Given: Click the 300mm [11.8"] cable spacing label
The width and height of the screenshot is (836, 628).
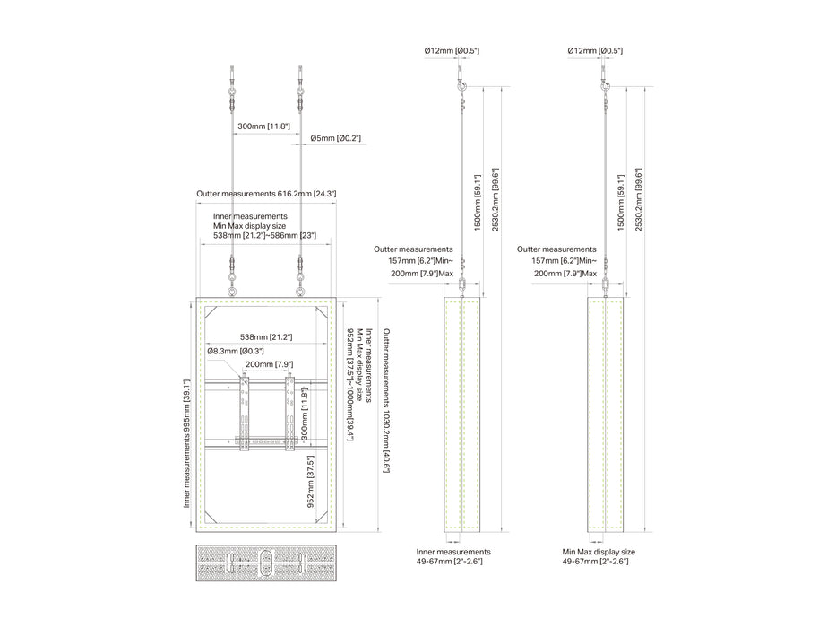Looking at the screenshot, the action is [x=263, y=126].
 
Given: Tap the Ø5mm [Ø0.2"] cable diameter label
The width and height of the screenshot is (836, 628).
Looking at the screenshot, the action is [x=335, y=138].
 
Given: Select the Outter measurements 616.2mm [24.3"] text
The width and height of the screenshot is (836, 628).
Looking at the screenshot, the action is [x=266, y=194].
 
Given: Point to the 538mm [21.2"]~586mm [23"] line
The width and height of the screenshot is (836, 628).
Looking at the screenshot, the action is [x=264, y=235].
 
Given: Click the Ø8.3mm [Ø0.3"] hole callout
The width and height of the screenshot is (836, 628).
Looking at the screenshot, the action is [x=235, y=352].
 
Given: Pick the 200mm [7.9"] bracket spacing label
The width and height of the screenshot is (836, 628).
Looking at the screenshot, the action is [x=269, y=364].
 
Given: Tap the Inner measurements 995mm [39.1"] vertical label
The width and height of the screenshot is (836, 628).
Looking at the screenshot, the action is [x=186, y=443].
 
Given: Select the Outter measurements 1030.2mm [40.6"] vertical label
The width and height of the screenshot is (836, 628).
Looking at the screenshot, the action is [x=386, y=400].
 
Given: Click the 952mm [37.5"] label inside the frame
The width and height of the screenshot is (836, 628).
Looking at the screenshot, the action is [x=310, y=481].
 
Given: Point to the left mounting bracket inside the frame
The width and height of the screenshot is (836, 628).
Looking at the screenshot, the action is [x=244, y=414].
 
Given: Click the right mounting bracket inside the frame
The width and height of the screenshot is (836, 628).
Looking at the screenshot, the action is [x=289, y=414].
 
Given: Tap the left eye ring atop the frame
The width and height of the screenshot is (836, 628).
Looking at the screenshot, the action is [x=231, y=292].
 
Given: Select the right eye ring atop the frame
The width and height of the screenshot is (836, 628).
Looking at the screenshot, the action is [x=301, y=292].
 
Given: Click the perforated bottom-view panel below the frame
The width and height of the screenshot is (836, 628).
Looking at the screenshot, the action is [x=266, y=563].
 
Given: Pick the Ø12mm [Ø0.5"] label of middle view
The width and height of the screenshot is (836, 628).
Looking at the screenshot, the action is [x=452, y=51].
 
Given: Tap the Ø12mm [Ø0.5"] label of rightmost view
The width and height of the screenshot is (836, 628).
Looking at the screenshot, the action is [x=595, y=51].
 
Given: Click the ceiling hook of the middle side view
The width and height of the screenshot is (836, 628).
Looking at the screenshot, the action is [x=461, y=85].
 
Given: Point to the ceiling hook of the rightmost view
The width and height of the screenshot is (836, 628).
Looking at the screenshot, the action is [x=605, y=85].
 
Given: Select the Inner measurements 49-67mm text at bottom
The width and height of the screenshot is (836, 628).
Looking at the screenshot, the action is [x=453, y=556].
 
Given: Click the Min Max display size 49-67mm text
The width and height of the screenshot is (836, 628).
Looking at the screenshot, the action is [x=599, y=556].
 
